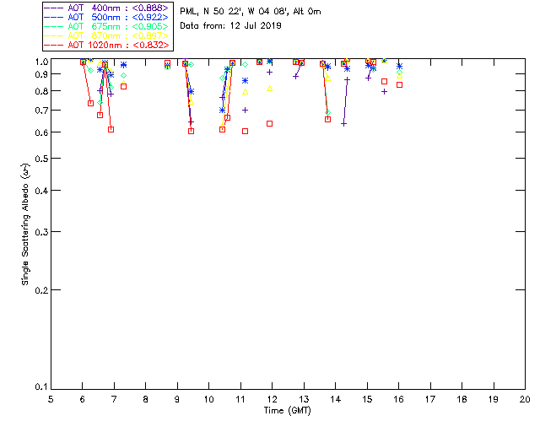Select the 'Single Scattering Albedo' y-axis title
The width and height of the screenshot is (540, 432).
click(27, 224)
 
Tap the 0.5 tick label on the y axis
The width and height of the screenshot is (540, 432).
click(40, 159)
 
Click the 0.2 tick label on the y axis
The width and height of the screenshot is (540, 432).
click(40, 290)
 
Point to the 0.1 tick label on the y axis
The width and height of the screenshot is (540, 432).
click(40, 387)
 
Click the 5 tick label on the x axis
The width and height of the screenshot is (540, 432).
click(51, 398)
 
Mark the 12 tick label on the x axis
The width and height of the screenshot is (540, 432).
click(272, 398)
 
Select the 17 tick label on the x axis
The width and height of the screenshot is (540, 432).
click(430, 398)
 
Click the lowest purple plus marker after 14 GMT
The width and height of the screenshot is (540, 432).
click(343, 123)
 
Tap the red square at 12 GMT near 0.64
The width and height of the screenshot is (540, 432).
click(269, 123)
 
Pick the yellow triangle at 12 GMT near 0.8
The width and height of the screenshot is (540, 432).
click(270, 89)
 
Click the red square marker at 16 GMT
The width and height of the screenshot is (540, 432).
click(399, 84)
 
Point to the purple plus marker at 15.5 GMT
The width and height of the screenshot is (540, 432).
click(384, 91)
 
